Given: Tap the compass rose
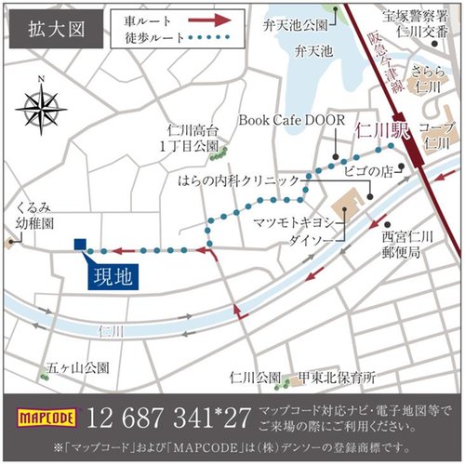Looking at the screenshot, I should (41, 109).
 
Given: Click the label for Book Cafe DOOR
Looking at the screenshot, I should (291, 120).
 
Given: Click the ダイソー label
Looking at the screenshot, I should (314, 238).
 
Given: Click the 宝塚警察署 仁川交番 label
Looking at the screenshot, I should (410, 22).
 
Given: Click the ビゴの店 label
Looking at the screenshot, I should (365, 172).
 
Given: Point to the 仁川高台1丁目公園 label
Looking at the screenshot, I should (193, 139).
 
